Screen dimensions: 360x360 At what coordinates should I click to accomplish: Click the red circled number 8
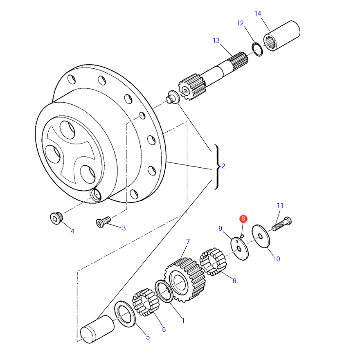point(243,218)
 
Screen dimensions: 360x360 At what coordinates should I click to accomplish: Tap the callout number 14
point(258,13)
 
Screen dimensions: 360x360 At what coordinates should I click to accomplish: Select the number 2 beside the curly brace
point(223,166)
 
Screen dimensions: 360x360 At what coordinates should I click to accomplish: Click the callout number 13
point(216,40)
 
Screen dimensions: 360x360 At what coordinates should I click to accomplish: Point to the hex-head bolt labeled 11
point(282,224)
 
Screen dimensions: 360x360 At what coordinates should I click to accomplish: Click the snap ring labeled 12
point(257,49)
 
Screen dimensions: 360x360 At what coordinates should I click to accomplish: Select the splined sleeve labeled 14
point(282,36)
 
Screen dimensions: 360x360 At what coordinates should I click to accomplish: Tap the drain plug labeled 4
point(56,218)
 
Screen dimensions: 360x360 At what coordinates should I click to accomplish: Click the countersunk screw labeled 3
point(103,222)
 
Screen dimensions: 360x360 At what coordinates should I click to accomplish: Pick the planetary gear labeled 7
point(185,280)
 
